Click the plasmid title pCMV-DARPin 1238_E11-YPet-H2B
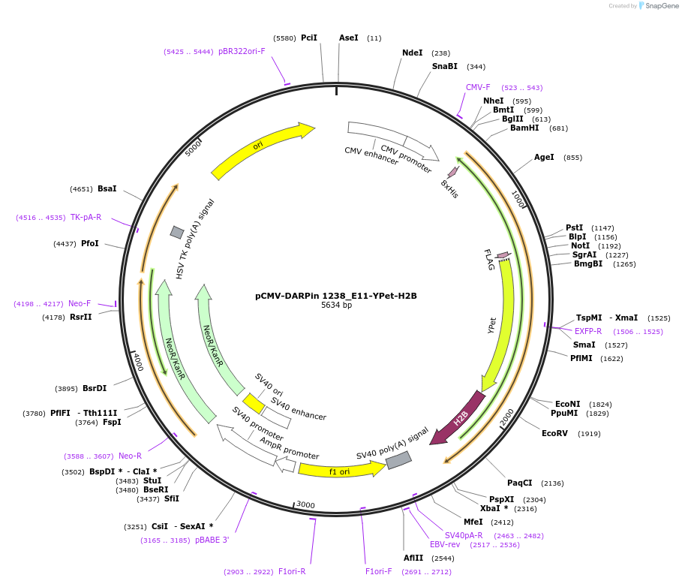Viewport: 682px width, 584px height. click(335, 296)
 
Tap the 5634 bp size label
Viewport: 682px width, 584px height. click(336, 306)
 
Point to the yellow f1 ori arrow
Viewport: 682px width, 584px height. click(339, 470)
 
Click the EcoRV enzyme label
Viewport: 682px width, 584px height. click(556, 433)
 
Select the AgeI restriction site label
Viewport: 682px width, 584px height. click(544, 158)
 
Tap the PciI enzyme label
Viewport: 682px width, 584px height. click(308, 38)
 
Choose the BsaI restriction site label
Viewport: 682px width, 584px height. click(107, 188)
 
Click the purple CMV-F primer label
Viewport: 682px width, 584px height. click(478, 88)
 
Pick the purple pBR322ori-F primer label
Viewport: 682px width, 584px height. click(242, 52)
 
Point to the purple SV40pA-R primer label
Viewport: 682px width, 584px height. click(464, 535)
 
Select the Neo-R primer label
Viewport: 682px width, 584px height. click(130, 456)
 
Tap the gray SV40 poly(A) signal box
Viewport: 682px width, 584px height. click(398, 459)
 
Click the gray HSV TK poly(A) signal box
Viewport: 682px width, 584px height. click(177, 232)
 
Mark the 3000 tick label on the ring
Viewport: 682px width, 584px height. click(305, 505)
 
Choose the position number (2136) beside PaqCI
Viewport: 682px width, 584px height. click(552, 483)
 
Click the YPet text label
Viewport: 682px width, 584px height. click(492, 325)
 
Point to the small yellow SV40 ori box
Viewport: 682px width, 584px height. click(254, 404)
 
